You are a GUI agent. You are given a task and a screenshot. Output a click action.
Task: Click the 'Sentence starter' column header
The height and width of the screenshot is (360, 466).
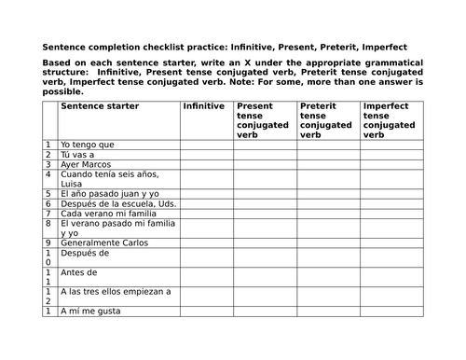[100, 106]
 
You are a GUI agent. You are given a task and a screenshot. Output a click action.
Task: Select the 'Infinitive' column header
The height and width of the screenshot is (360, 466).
[204, 106]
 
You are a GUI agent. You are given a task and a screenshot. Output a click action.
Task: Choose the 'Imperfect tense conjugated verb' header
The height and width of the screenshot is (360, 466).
[390, 120]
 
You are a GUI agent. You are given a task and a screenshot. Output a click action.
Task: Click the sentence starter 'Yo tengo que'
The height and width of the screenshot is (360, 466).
[88, 145]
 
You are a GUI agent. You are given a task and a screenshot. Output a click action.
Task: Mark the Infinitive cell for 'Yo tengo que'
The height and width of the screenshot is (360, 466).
[206, 145]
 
